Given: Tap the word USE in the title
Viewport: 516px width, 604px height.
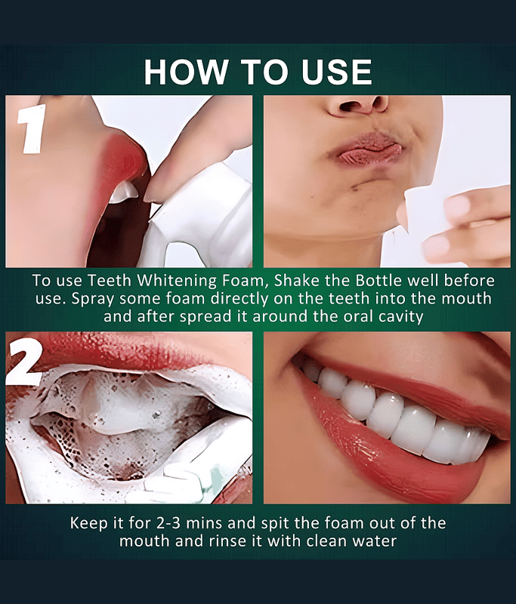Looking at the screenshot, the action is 337,72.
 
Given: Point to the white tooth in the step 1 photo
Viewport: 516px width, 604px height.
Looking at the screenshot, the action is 123,192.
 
